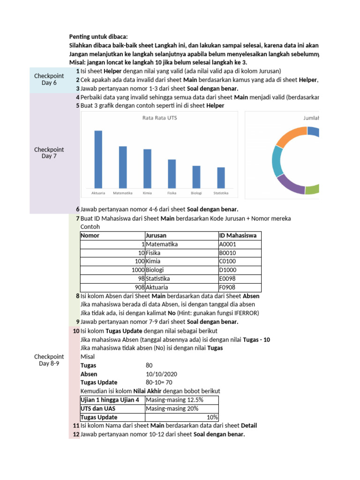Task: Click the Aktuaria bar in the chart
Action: [98, 159]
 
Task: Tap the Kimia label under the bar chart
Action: [147, 193]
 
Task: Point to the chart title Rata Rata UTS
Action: [159, 118]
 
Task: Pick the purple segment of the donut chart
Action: [290, 184]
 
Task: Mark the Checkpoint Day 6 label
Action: [49, 79]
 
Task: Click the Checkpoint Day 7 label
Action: [49, 153]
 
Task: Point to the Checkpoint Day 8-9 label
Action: [49, 360]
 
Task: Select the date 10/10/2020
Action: [161, 374]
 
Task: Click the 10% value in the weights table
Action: [212, 417]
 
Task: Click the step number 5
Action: [77, 105]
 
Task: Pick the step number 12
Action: [76, 435]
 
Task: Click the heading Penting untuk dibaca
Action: [98, 37]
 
